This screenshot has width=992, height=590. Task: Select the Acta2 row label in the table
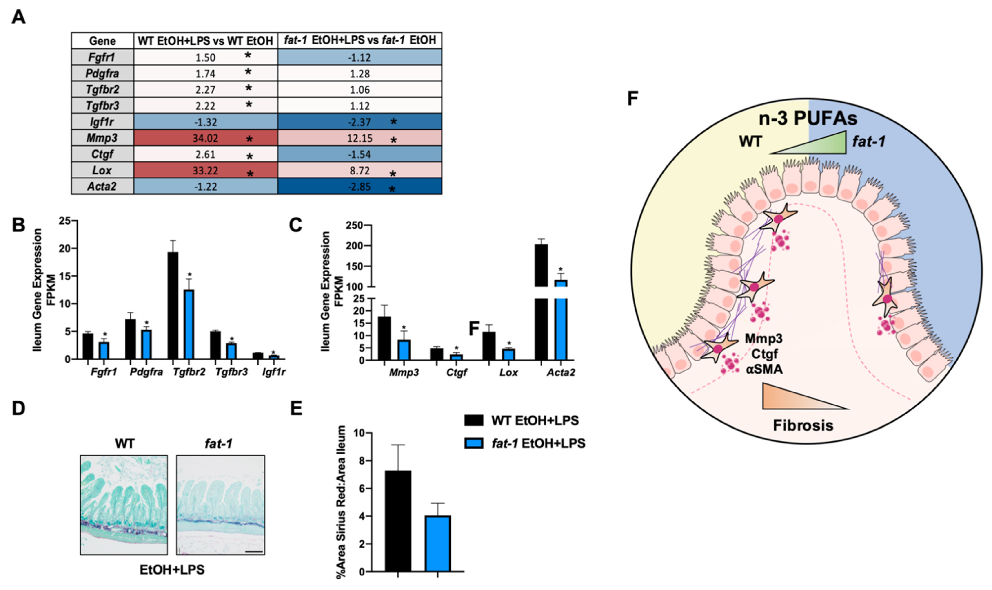[x=102, y=186]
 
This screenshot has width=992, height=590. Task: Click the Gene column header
[x=102, y=41]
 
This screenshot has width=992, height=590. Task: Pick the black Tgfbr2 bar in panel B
[x=173, y=305]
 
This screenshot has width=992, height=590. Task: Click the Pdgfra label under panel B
[x=146, y=372]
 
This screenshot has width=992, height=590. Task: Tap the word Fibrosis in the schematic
[x=803, y=425]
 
